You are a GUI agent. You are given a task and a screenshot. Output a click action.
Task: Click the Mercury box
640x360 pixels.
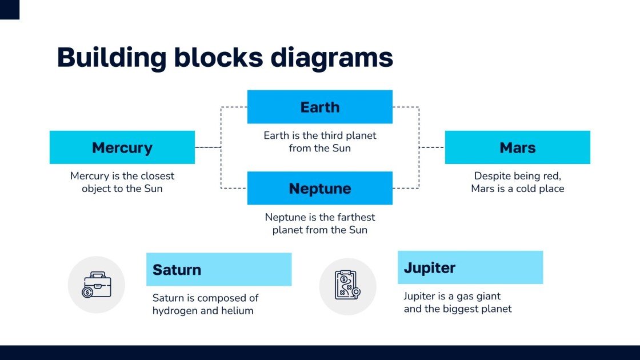click(122, 147)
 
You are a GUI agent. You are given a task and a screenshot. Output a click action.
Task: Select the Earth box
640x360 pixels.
click(319, 107)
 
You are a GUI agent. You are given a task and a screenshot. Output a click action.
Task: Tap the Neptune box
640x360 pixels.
click(319, 188)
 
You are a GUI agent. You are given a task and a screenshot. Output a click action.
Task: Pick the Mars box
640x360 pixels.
click(517, 147)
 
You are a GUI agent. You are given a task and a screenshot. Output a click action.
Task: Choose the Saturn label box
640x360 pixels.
click(219, 269)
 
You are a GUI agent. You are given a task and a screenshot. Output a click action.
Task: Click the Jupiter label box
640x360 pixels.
click(470, 267)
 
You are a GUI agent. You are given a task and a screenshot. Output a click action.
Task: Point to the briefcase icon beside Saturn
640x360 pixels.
click(96, 285)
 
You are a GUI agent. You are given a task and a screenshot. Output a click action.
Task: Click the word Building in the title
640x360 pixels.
click(112, 58)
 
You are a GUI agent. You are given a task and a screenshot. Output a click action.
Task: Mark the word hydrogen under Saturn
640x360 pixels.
click(174, 311)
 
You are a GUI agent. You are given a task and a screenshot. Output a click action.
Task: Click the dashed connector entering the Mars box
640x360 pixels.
click(433, 147)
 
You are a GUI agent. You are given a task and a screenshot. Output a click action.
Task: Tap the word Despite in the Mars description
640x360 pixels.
click(493, 176)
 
